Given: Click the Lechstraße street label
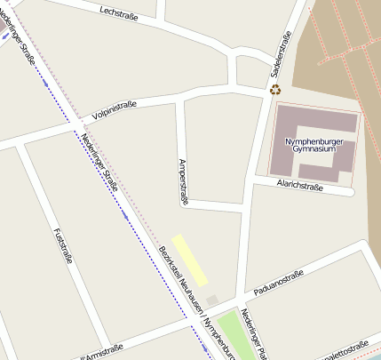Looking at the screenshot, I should pos(120,13).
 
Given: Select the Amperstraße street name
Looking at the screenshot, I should pos(184,181).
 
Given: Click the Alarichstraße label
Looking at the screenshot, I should pos(298,184).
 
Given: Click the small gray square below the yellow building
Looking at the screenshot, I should pos(212,300).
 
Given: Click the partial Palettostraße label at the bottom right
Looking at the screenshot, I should pos(346,349).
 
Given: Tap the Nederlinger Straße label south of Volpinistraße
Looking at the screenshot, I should pos(99,159).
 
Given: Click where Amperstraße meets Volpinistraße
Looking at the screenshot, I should pos(180,100).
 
